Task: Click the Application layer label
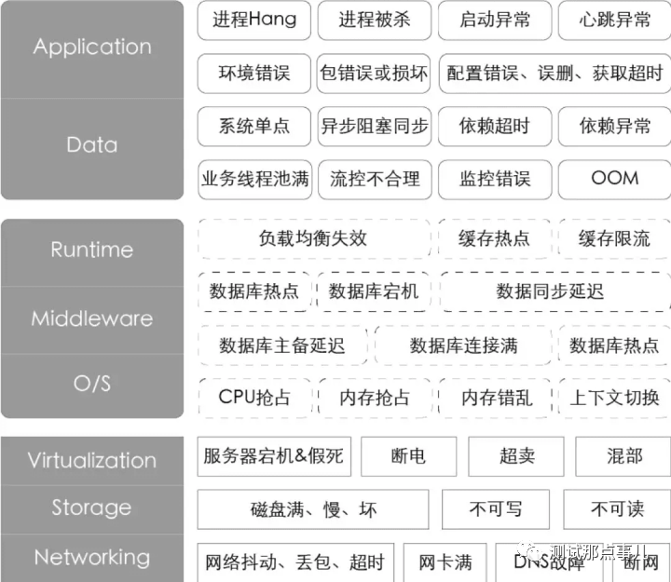pos(91,47)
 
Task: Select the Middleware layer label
pos(91,318)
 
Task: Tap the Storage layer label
pos(91,508)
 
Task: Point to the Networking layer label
pos(91,557)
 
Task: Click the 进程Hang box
pos(253,20)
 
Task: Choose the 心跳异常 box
pos(614,20)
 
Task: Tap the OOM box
pos(614,178)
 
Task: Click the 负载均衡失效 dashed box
pos(313,238)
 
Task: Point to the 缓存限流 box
pos(614,238)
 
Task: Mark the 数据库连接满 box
pos(463,345)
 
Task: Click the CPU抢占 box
pos(253,398)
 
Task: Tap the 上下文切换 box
pos(614,398)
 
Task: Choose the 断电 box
pos(408,456)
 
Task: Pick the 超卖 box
pos(516,456)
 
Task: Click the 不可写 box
pos(495,509)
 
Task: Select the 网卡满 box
pos(445,562)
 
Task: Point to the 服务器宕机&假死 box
pos(273,456)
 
